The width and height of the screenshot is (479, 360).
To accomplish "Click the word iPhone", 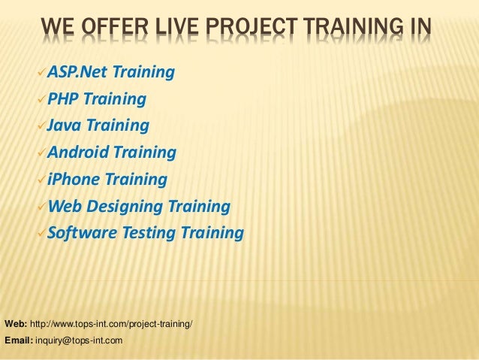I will click(74, 180).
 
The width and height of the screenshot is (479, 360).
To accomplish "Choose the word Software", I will click(80, 233).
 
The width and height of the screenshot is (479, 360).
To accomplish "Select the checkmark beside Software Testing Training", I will click(40, 234).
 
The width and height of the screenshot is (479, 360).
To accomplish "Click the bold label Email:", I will click(17, 340).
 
